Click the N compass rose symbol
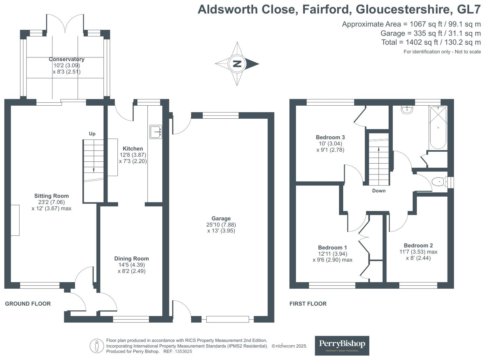point(237,64)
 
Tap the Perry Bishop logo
point(342,345)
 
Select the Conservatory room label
point(66,59)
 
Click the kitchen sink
point(156,132)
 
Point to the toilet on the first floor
point(438,182)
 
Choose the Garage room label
point(221,218)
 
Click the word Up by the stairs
point(92,134)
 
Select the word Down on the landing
point(379,191)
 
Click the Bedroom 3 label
point(330,137)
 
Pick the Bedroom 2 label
point(418,246)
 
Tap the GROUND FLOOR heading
point(28,304)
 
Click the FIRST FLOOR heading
point(308,304)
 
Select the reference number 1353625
point(184,352)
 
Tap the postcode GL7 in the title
point(469,9)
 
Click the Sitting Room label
point(51,196)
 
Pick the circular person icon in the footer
point(97,346)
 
